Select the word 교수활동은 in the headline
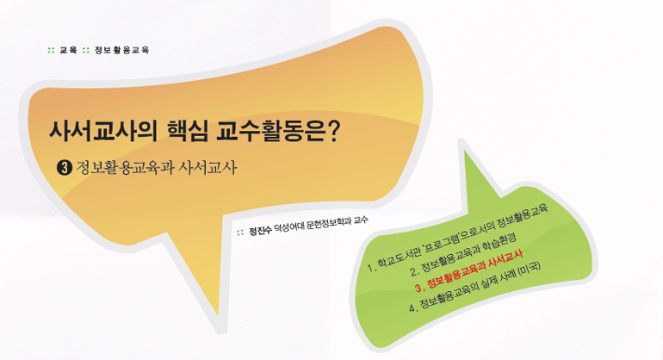click(270, 131)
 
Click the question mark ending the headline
click(333, 131)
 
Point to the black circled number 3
click(65, 168)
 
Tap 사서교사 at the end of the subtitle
click(208, 168)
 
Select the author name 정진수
click(260, 231)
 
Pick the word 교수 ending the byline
click(361, 220)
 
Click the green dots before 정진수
click(240, 233)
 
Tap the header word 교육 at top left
click(68, 50)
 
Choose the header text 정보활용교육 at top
click(121, 50)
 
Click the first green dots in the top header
click(51, 50)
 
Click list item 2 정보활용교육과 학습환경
click(463, 253)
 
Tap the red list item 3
click(469, 270)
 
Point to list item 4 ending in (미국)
click(474, 288)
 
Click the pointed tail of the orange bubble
click(217, 314)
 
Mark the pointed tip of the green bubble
click(466, 152)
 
